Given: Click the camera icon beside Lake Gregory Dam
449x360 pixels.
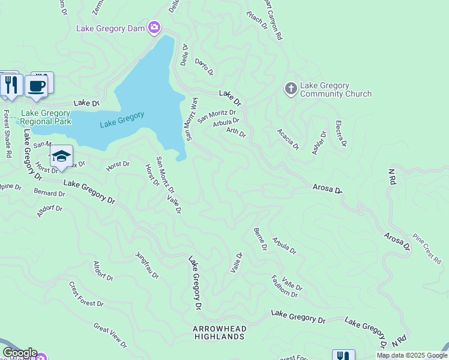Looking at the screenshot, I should pyautogui.click(x=155, y=28).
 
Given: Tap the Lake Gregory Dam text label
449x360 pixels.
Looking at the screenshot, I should pyautogui.click(x=112, y=28).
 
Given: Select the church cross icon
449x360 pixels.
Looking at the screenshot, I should pyautogui.click(x=291, y=89).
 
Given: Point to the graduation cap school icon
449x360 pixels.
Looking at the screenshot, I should pyautogui.click(x=61, y=157).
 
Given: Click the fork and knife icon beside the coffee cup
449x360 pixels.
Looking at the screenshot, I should pyautogui.click(x=10, y=85).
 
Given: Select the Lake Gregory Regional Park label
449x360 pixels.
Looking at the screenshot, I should pyautogui.click(x=46, y=117).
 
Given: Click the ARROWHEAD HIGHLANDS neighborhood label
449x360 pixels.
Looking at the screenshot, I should pyautogui.click(x=219, y=332).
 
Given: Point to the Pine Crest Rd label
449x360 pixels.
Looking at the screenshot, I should pyautogui.click(x=428, y=253).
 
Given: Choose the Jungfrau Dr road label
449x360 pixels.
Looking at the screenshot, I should pyautogui.click(x=147, y=265).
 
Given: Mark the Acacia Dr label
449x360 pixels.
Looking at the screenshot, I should pyautogui.click(x=288, y=139).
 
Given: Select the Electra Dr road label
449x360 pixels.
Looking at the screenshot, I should pyautogui.click(x=341, y=133).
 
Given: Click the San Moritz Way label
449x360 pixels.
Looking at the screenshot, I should pyautogui.click(x=191, y=119).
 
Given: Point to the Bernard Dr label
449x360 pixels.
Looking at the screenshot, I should pyautogui.click(x=49, y=193).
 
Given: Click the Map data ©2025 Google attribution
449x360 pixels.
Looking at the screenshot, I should pyautogui.click(x=412, y=355).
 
